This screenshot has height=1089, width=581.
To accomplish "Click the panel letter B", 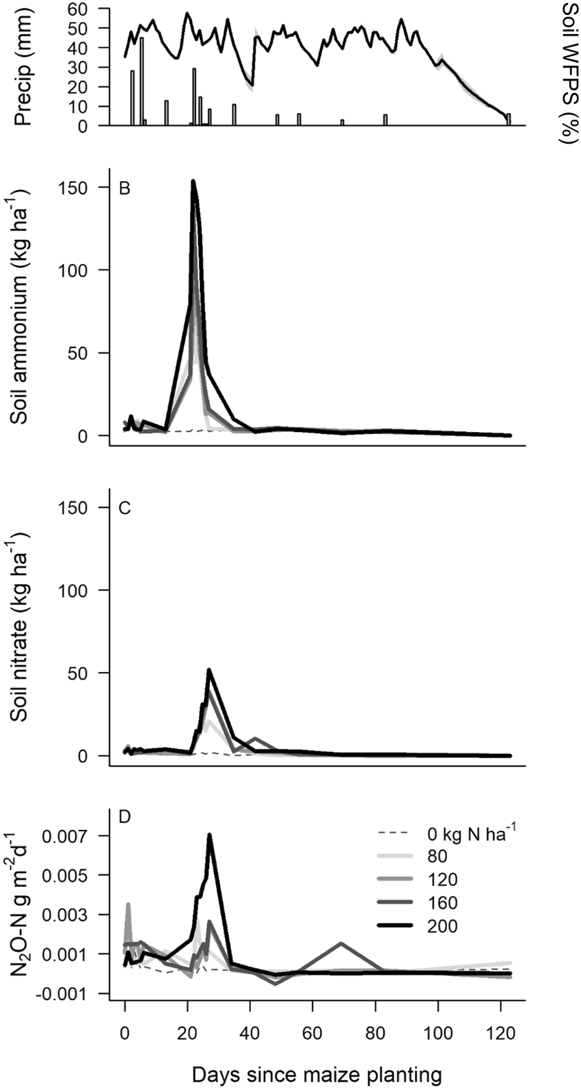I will pos(124,188).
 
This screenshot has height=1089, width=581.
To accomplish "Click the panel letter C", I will pos(124,509).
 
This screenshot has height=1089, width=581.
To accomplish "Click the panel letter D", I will pos(124,817).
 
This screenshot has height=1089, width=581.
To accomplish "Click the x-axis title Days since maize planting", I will pos(316,1074).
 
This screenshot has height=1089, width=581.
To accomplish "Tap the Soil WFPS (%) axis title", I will pos(569,72).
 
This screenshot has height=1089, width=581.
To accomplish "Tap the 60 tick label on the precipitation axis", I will pos(87,9).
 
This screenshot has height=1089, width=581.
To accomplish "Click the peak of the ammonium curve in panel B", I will pos(193,181).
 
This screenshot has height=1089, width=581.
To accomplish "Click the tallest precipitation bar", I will pos(141,81).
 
